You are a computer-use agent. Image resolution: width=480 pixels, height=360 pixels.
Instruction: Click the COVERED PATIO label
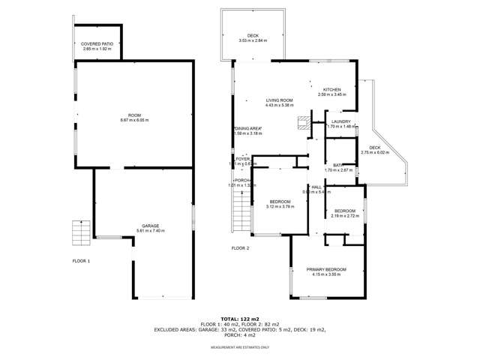97,44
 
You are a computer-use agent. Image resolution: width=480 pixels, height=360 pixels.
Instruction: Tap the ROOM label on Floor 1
134,114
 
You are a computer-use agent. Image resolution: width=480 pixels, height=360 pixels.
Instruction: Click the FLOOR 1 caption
81,261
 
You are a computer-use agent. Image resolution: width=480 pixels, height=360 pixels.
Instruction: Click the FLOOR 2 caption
240,247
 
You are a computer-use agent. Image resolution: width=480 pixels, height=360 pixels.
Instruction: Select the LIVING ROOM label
279,100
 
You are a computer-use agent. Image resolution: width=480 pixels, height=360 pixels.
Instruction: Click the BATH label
338,165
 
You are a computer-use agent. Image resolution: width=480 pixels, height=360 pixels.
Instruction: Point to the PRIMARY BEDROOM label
326,269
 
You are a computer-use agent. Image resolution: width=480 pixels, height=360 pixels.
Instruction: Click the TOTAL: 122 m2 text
239,319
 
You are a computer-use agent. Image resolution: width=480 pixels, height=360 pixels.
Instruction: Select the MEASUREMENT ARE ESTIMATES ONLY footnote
239,348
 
